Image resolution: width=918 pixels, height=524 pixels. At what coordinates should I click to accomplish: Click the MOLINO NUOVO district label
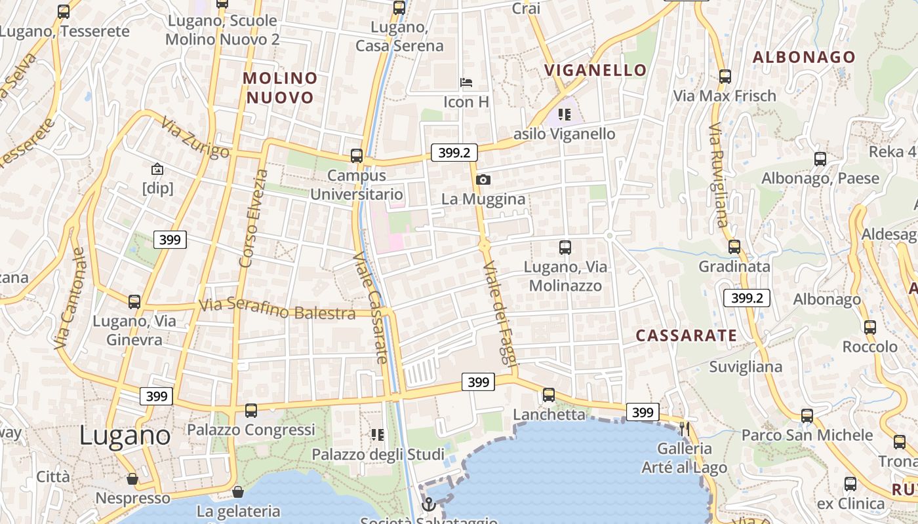coord(280,88)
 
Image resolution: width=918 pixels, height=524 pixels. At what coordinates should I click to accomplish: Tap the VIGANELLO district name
coord(595,70)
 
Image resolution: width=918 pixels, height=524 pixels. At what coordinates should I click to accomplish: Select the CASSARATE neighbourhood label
coord(687,335)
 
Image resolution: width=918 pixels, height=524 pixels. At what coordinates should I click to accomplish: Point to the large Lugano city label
coord(125,436)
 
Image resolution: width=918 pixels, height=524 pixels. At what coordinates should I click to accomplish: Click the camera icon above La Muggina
coord(483,179)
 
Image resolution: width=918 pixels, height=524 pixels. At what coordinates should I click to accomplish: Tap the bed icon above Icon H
coord(466,83)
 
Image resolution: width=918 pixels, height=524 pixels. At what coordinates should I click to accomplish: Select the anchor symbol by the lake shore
coord(428,504)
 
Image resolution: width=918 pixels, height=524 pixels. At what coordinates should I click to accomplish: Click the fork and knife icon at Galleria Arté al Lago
coord(685,429)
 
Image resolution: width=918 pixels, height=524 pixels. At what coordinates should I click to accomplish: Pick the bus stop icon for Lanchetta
coord(549,395)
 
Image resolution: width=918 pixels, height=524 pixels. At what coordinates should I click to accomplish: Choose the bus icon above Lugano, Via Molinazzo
coord(565,248)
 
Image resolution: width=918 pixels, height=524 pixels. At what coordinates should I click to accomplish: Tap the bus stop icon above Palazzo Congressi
coord(251,411)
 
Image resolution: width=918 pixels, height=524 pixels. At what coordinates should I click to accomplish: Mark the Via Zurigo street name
coord(195,138)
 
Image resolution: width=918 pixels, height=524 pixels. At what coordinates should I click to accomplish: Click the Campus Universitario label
coord(357,185)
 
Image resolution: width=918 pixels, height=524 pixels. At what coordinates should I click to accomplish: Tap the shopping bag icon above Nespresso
coord(132,479)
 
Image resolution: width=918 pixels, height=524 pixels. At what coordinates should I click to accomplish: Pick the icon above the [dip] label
coord(157,170)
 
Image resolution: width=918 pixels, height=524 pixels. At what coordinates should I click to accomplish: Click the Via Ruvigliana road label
coord(719,175)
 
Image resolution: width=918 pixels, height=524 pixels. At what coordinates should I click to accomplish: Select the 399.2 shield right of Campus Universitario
coord(454,153)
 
